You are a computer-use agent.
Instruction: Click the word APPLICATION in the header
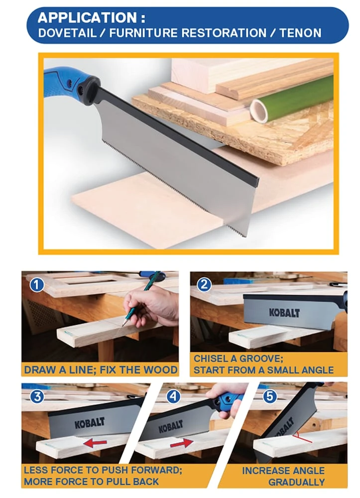88,17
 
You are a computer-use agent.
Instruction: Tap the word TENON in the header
300,33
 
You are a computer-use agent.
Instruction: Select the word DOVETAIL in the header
67,33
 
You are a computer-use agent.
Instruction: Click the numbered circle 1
36,285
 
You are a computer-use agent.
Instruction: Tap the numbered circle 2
204,284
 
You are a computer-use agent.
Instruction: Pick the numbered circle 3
37,397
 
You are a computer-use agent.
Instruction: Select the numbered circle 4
173,396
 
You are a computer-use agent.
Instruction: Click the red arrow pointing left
95,442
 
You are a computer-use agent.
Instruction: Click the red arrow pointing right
182,443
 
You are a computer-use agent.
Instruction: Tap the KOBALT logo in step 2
284,313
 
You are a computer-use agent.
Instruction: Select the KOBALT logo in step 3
90,423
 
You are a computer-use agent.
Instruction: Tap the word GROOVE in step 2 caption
261,359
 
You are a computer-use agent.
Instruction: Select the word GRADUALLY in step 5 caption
296,482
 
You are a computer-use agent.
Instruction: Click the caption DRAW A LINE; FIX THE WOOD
101,370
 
